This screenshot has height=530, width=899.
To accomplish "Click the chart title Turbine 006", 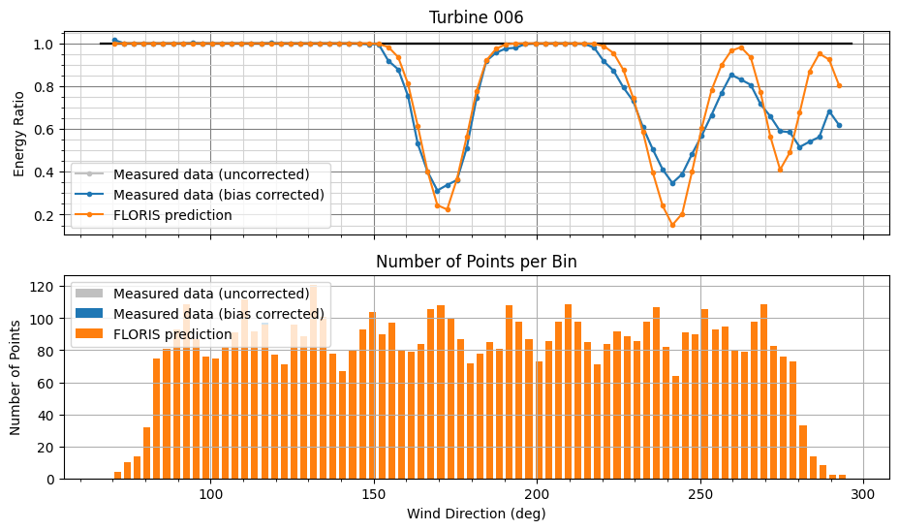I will point(476,16).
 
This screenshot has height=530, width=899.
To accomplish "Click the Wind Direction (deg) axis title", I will point(476,514).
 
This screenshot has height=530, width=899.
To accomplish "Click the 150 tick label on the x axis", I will point(373,493).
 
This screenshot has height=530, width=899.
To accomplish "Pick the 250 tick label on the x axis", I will point(700,493).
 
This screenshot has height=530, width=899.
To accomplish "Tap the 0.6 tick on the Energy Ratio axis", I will point(48,130).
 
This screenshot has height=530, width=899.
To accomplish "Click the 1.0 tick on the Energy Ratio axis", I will point(48,45).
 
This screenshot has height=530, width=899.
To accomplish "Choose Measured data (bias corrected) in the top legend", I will point(218,195).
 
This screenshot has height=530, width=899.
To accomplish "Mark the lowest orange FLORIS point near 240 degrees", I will point(672,225).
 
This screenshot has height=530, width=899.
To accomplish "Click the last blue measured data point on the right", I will point(839,125).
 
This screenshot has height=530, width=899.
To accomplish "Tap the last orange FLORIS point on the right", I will point(839,85).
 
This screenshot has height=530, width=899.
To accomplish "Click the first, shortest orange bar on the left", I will point(117,475).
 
